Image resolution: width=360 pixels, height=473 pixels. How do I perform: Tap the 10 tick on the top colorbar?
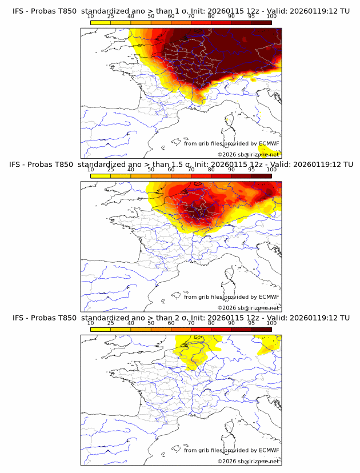90,16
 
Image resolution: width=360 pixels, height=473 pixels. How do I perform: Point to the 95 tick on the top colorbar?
251,16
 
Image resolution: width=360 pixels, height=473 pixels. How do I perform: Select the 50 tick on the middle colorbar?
151,170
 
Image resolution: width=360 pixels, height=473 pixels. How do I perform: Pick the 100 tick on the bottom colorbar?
271,323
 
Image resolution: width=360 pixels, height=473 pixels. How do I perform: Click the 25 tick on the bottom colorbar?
110,323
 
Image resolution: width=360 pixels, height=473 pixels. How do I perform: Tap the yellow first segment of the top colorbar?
101,22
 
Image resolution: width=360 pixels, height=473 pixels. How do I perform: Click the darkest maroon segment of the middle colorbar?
261,175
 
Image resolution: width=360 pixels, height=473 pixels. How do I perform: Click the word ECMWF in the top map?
269,143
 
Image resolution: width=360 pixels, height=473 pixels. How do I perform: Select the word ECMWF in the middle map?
269,296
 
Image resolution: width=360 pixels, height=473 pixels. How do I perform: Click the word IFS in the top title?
19,11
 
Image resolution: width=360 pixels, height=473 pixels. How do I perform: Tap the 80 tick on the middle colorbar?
211,170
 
